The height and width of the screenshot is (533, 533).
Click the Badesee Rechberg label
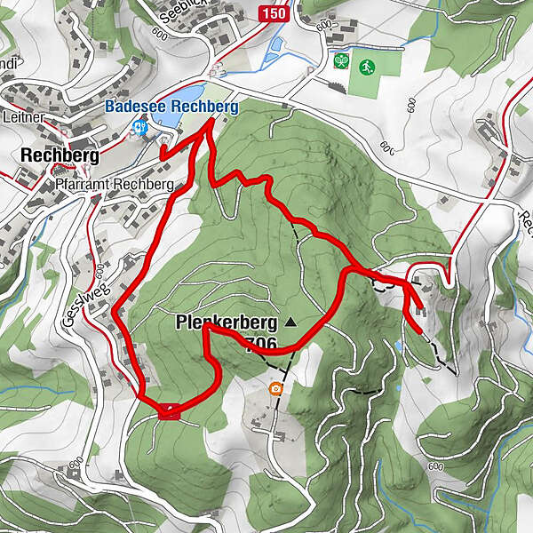[x=171, y=106]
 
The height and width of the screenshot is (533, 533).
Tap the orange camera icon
[x=276, y=387]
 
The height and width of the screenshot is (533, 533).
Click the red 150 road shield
[x=274, y=13]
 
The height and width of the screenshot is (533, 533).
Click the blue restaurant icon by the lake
[x=139, y=128]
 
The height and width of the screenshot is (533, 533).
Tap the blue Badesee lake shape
[x=187, y=93]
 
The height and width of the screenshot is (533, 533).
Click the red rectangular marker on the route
[x=169, y=410]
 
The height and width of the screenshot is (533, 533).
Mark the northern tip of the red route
[x=210, y=122]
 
